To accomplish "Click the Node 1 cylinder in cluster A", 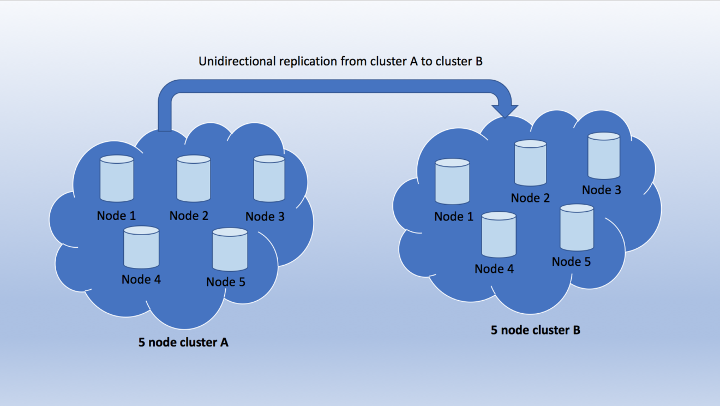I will click(x=117, y=178).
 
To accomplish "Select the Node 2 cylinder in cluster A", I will click(x=194, y=178).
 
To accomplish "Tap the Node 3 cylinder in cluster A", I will click(x=269, y=178).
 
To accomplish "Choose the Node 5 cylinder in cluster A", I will click(x=230, y=250).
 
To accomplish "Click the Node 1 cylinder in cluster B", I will click(x=453, y=182).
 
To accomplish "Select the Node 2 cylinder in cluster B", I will click(x=531, y=163).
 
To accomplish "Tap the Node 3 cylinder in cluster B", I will click(x=604, y=156).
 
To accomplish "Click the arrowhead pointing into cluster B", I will click(x=506, y=109).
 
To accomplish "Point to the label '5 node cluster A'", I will click(x=183, y=343).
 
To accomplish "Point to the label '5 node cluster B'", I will click(x=535, y=330).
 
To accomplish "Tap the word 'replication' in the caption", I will click(x=308, y=62).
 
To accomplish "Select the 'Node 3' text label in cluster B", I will click(x=601, y=190).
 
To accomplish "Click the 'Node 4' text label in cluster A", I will click(x=141, y=279).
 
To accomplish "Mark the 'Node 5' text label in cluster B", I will click(x=571, y=262).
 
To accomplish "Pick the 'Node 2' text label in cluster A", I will click(x=189, y=216).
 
